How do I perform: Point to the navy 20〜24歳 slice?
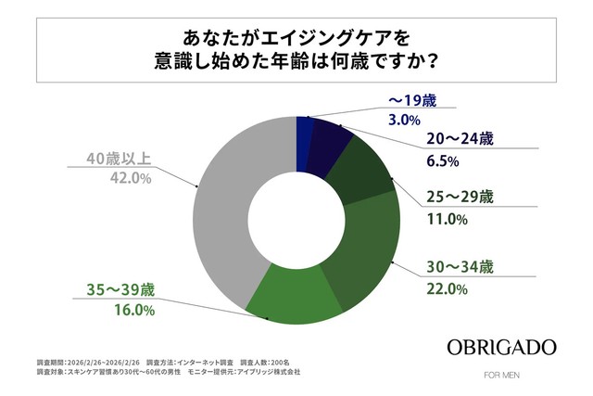click(328, 140)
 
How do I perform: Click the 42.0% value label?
click(131, 178)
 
